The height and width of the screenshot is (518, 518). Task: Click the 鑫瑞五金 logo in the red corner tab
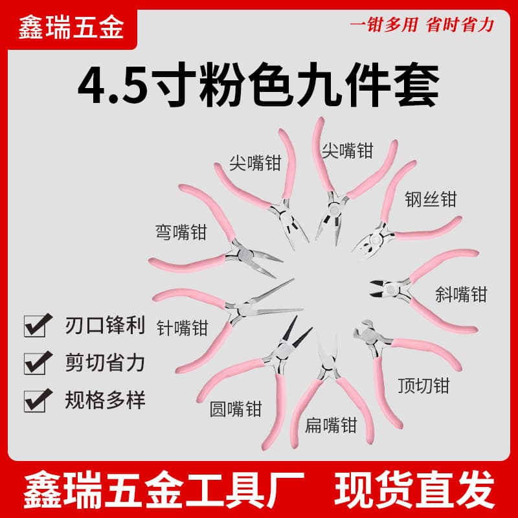point(71,28)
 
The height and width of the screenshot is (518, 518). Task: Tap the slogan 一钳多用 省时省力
point(422,25)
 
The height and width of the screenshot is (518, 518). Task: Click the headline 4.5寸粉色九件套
point(258,84)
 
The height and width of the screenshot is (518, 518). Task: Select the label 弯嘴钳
point(181,232)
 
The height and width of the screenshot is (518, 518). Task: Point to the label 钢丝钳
point(431,199)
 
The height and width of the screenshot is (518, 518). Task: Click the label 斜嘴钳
point(461,294)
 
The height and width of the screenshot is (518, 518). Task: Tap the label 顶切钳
point(424,385)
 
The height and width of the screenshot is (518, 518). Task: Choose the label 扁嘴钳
point(331,425)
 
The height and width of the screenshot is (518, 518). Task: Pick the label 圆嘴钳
point(236,409)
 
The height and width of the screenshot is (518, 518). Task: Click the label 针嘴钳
point(183,328)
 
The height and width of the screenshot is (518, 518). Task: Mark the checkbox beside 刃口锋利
point(38,325)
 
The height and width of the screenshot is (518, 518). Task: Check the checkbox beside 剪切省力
point(38,363)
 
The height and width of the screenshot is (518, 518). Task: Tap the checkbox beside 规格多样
point(38,400)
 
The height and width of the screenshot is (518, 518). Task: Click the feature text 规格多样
point(105,400)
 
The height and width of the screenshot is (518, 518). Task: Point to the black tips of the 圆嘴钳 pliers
point(297,330)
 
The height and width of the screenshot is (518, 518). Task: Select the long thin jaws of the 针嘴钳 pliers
point(275,299)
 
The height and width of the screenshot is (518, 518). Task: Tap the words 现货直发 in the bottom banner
point(414,489)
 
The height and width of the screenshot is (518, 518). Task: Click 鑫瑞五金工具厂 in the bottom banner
point(164,489)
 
